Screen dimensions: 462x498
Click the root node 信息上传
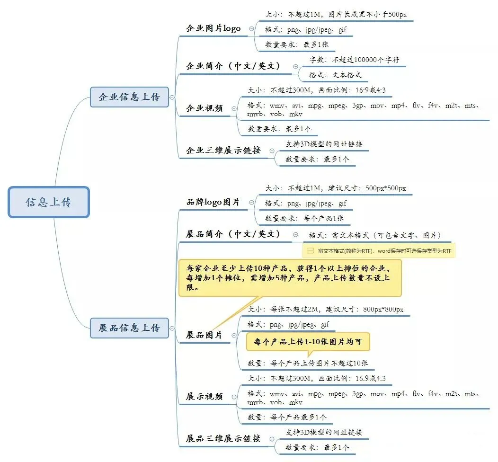[x=49, y=202]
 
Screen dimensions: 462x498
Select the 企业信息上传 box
[x=129, y=97]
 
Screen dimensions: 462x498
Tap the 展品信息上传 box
[x=129, y=328]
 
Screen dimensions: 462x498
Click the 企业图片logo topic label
[x=213, y=28]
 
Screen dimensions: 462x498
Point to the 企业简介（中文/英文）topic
[x=233, y=66]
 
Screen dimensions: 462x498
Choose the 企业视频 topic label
[x=205, y=108]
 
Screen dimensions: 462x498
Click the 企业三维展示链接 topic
[x=223, y=151]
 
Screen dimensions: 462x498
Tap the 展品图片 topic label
[x=204, y=335]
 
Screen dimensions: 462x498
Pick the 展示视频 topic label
[x=204, y=397]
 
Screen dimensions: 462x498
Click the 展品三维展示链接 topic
[x=223, y=439]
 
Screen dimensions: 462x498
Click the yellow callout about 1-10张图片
[x=308, y=341]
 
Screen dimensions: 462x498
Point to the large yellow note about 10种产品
[x=289, y=277]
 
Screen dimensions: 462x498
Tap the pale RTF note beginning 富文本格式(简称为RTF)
[x=379, y=250]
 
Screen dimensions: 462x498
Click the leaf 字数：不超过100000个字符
[x=354, y=60]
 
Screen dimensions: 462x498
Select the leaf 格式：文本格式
[x=336, y=75]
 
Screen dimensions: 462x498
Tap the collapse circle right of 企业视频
[x=234, y=109]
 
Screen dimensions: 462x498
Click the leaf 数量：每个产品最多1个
[x=287, y=417]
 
